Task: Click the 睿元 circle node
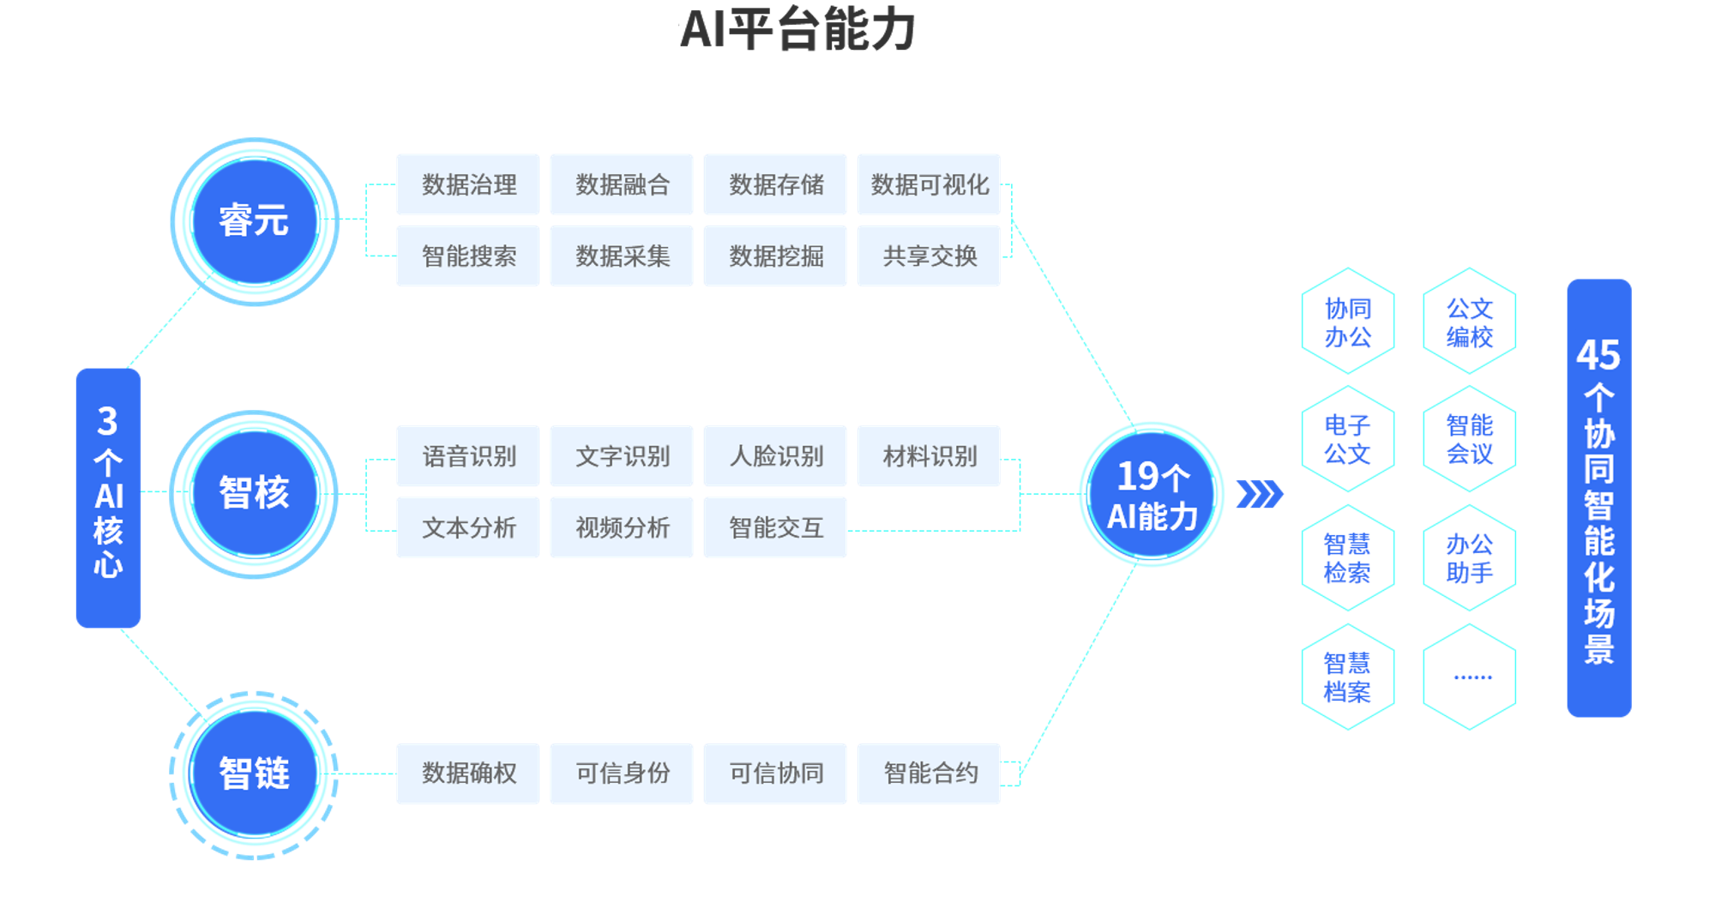tap(255, 221)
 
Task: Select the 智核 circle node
tap(255, 493)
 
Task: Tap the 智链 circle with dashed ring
tap(255, 774)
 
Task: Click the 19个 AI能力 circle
tap(1152, 495)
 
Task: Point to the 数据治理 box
tap(468, 184)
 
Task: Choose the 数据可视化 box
tap(929, 184)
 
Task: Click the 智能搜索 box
tap(468, 256)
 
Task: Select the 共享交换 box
tap(929, 256)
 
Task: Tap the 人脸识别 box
tap(775, 456)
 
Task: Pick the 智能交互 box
tap(775, 527)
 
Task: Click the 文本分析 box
tap(468, 527)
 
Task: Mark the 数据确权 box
tap(468, 774)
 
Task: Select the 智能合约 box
tap(929, 774)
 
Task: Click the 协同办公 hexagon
tap(1347, 322)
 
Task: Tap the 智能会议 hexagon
tap(1470, 439)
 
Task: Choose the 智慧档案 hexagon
tap(1347, 677)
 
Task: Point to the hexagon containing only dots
tap(1470, 677)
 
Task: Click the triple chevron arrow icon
tap(1259, 494)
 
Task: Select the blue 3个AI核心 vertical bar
tap(108, 497)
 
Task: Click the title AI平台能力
tap(797, 30)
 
